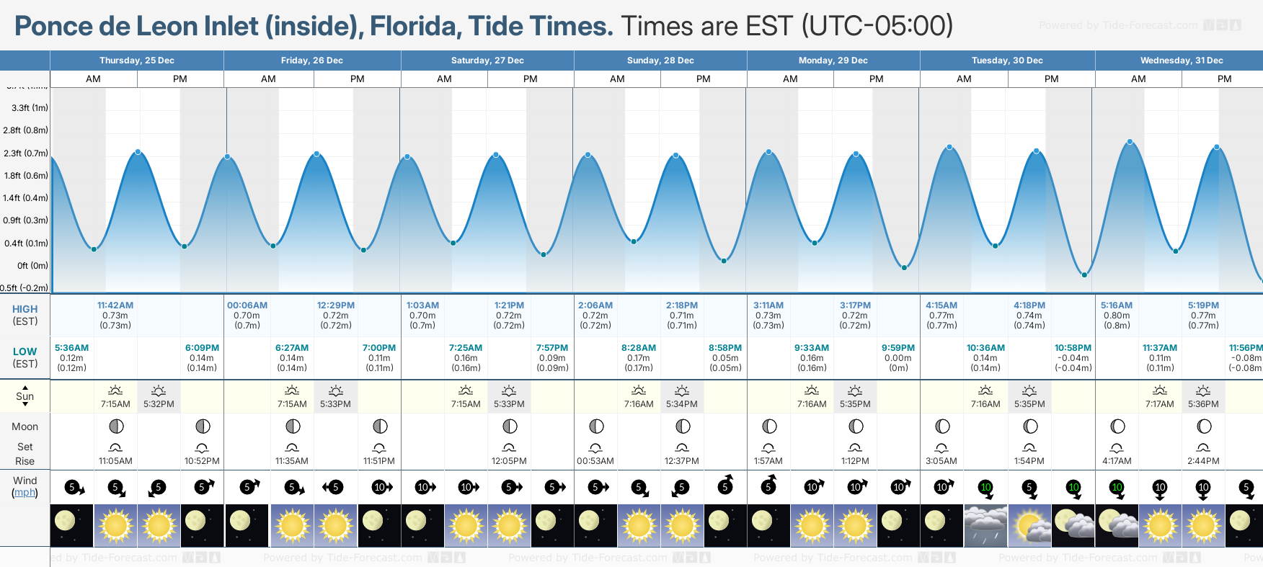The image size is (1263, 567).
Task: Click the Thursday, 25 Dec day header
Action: pyautogui.click(x=137, y=61)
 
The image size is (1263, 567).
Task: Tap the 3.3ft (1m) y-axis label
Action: pyautogui.click(x=30, y=108)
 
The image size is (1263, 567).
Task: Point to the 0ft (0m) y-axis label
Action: pyautogui.click(x=32, y=266)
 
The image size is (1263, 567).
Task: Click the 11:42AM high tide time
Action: pyautogui.click(x=115, y=305)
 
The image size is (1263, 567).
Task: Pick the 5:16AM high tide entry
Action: pyautogui.click(x=1117, y=305)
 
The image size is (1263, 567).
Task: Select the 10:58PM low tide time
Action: pyautogui.click(x=1073, y=348)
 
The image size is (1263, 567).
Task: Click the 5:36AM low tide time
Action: pyautogui.click(x=72, y=348)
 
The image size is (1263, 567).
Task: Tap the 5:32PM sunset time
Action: pyautogui.click(x=159, y=404)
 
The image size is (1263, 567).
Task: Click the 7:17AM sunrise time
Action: pyautogui.click(x=1160, y=404)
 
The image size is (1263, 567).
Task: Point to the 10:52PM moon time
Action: pyautogui.click(x=202, y=461)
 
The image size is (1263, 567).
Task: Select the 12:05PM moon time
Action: pyautogui.click(x=509, y=461)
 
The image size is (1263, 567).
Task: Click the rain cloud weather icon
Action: pyautogui.click(x=985, y=524)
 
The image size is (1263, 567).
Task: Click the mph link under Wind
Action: pyautogui.click(x=25, y=493)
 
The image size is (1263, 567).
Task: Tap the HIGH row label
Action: pyautogui.click(x=25, y=309)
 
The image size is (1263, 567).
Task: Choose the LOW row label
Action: pyautogui.click(x=25, y=352)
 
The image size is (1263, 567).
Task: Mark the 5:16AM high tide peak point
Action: pyautogui.click(x=1130, y=142)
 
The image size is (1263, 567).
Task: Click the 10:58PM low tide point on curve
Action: pyautogui.click(x=1084, y=274)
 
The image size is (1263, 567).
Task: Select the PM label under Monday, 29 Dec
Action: pyautogui.click(x=877, y=79)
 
